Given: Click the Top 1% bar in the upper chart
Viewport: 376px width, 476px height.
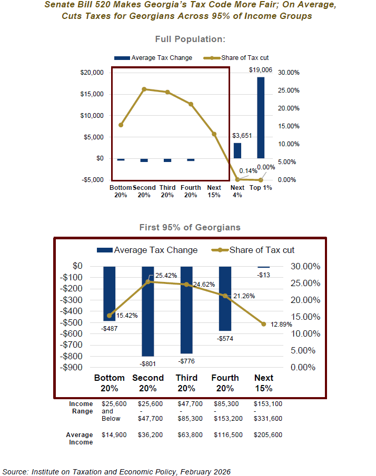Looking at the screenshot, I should pos(261,117).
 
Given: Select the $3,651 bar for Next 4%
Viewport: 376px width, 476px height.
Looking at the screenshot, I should pos(238,150).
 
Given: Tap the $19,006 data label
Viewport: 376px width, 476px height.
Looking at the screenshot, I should pos(261,69).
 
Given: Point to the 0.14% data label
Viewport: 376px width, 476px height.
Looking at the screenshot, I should pos(248,170).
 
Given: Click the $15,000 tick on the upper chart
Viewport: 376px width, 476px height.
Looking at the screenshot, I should pos(92,94).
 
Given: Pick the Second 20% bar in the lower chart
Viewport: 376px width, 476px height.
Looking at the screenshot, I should pos(148,311).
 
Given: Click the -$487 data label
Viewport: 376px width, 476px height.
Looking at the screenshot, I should pos(110,328).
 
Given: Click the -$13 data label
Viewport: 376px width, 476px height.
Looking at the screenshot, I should pos(264,275).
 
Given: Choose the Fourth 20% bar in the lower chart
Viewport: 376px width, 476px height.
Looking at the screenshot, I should pos(225,298).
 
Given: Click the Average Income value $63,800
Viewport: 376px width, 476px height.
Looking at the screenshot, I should pos(187,435).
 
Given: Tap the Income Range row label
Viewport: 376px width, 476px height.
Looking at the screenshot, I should pos(82,407).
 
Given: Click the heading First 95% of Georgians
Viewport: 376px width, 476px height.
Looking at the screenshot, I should pos(190,228).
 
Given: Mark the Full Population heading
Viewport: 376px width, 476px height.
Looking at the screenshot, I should pos(190,39).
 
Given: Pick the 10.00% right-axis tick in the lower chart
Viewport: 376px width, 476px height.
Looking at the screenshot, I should pos(305,333).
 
